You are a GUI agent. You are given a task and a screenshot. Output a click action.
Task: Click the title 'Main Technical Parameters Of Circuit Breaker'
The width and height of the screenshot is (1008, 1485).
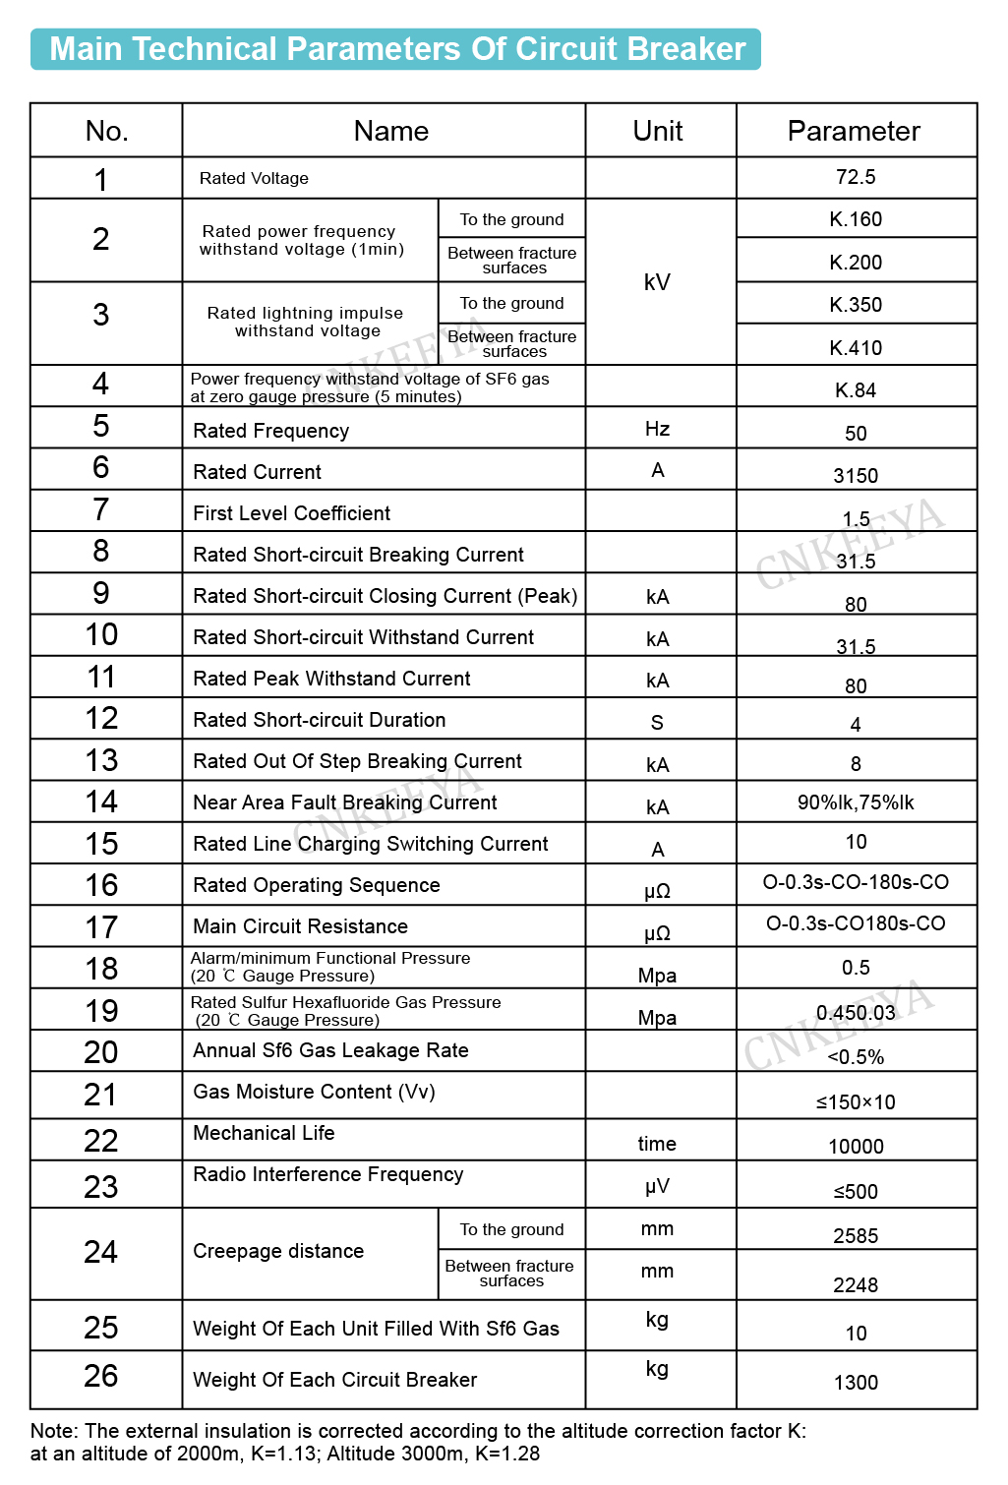(396, 49)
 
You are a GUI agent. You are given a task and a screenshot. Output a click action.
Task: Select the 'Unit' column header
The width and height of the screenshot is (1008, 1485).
(658, 131)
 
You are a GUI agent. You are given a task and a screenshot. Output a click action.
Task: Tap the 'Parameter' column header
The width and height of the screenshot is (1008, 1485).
(854, 131)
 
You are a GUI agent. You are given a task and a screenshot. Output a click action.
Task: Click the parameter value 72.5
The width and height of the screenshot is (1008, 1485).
(856, 177)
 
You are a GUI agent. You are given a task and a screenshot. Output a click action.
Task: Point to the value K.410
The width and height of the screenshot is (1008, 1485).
(856, 348)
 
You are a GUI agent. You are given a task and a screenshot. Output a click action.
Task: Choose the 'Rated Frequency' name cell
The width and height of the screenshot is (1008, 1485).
(271, 431)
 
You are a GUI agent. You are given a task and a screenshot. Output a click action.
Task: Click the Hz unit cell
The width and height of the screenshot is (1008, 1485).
(658, 429)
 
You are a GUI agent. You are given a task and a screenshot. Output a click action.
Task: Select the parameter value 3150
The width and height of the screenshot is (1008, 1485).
(856, 476)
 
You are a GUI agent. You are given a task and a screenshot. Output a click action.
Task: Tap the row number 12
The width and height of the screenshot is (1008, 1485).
(101, 719)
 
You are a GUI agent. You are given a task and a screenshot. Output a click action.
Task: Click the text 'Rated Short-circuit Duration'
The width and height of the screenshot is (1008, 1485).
(320, 720)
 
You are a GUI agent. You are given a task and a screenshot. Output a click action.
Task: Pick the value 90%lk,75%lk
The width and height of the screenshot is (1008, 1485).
(856, 802)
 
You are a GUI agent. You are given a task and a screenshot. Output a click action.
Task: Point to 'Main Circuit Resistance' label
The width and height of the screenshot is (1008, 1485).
(300, 926)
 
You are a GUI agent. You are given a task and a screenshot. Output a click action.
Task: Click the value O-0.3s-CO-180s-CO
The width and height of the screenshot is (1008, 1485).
(856, 882)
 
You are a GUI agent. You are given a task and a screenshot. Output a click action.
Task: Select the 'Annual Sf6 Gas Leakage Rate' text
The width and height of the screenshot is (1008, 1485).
(330, 1050)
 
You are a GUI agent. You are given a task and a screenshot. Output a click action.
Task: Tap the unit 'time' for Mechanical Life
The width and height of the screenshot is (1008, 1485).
(657, 1144)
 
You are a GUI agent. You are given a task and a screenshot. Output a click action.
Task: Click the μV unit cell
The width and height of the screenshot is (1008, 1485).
(658, 1187)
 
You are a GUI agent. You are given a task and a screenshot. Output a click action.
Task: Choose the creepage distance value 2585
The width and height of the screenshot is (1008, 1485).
(856, 1236)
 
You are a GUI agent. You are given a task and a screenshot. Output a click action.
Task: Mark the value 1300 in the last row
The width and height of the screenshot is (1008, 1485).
(856, 1383)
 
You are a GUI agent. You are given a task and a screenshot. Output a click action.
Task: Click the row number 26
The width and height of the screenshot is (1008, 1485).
(101, 1376)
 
